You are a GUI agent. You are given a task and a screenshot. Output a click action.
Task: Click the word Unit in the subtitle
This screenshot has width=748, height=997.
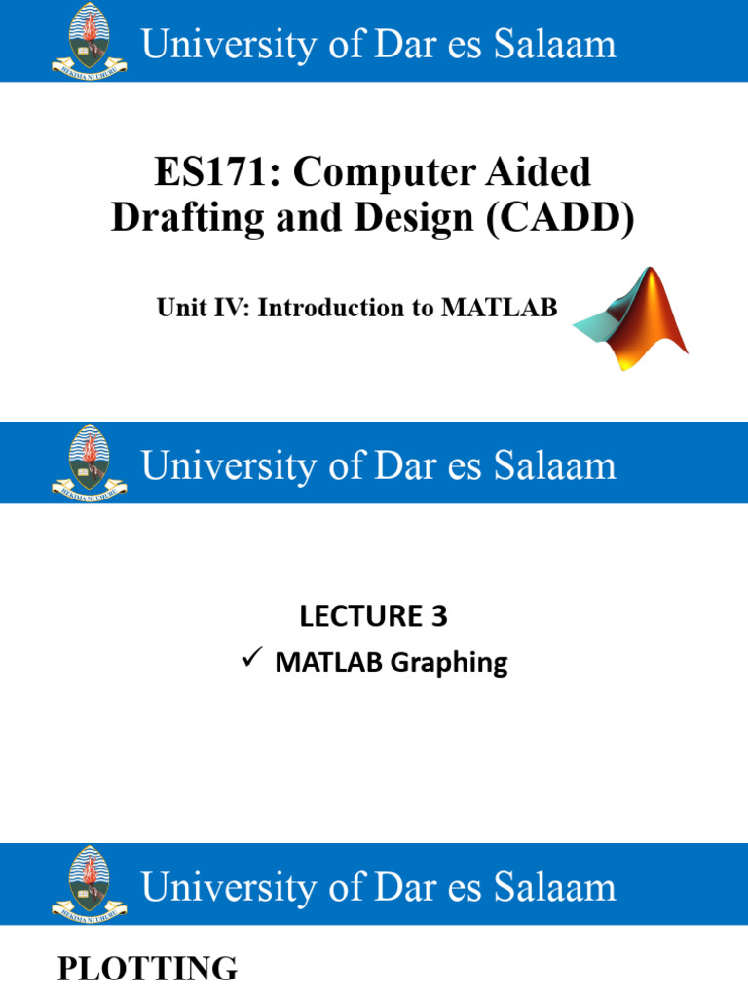click(177, 309)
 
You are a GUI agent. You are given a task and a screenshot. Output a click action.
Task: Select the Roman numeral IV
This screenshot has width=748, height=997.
click(223, 309)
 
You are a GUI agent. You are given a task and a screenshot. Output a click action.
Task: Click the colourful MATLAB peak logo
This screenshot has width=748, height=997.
click(632, 316)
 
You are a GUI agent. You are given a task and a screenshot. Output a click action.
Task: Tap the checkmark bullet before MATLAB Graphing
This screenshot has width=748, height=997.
click(248, 662)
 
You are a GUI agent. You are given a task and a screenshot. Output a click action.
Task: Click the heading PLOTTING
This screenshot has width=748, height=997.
click(147, 970)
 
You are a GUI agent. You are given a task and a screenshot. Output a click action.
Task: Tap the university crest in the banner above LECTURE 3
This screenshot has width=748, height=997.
click(90, 462)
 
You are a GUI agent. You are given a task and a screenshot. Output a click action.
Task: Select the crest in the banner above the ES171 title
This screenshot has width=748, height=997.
click(90, 41)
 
